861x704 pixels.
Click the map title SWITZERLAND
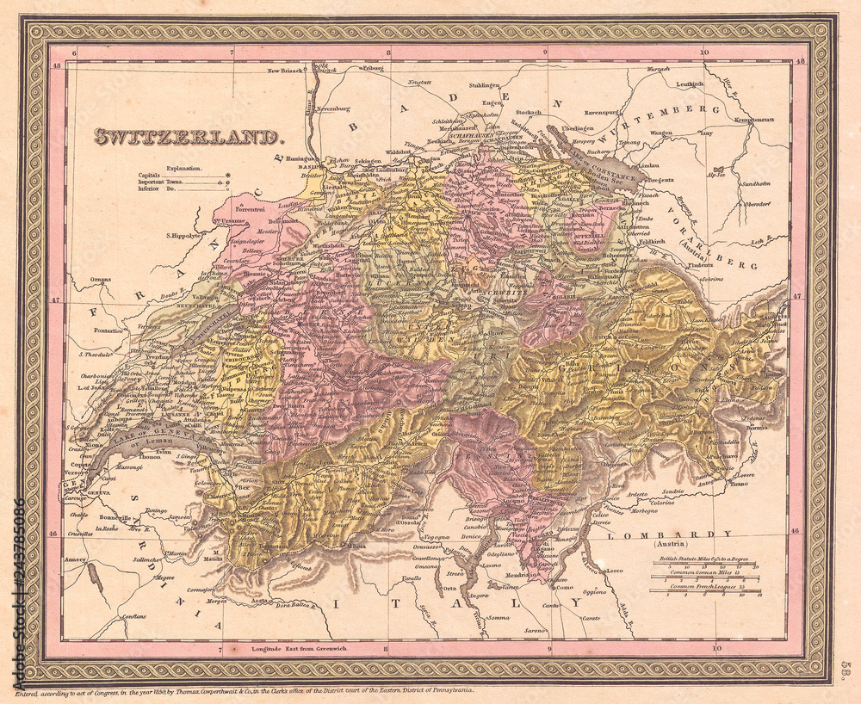click(x=187, y=136)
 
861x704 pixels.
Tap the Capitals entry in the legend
click(x=152, y=176)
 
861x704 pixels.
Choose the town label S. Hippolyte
click(x=183, y=234)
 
